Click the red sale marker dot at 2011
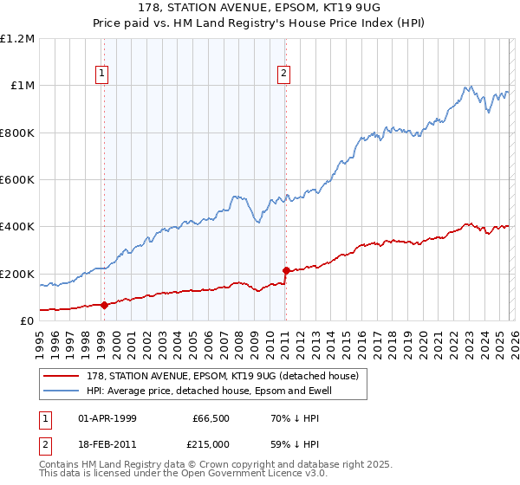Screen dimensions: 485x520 285,270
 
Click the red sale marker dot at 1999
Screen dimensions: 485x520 104,305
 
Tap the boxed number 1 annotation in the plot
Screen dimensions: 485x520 102,74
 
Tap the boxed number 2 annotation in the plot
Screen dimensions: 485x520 283,74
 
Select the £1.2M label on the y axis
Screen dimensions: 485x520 17,39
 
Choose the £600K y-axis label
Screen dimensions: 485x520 17,180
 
